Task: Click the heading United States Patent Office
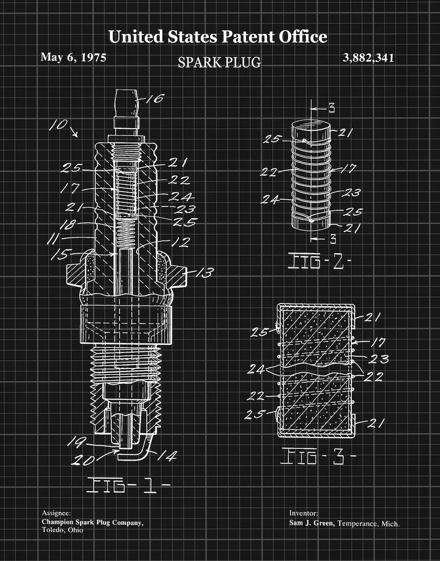[217, 37]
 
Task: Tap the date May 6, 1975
[73, 57]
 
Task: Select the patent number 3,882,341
[369, 58]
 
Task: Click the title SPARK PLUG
[219, 62]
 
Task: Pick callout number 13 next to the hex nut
[203, 272]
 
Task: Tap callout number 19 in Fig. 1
[76, 442]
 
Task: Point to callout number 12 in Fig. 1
[181, 242]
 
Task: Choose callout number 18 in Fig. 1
[68, 224]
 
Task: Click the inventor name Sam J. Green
[311, 523]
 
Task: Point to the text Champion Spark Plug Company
[92, 522]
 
